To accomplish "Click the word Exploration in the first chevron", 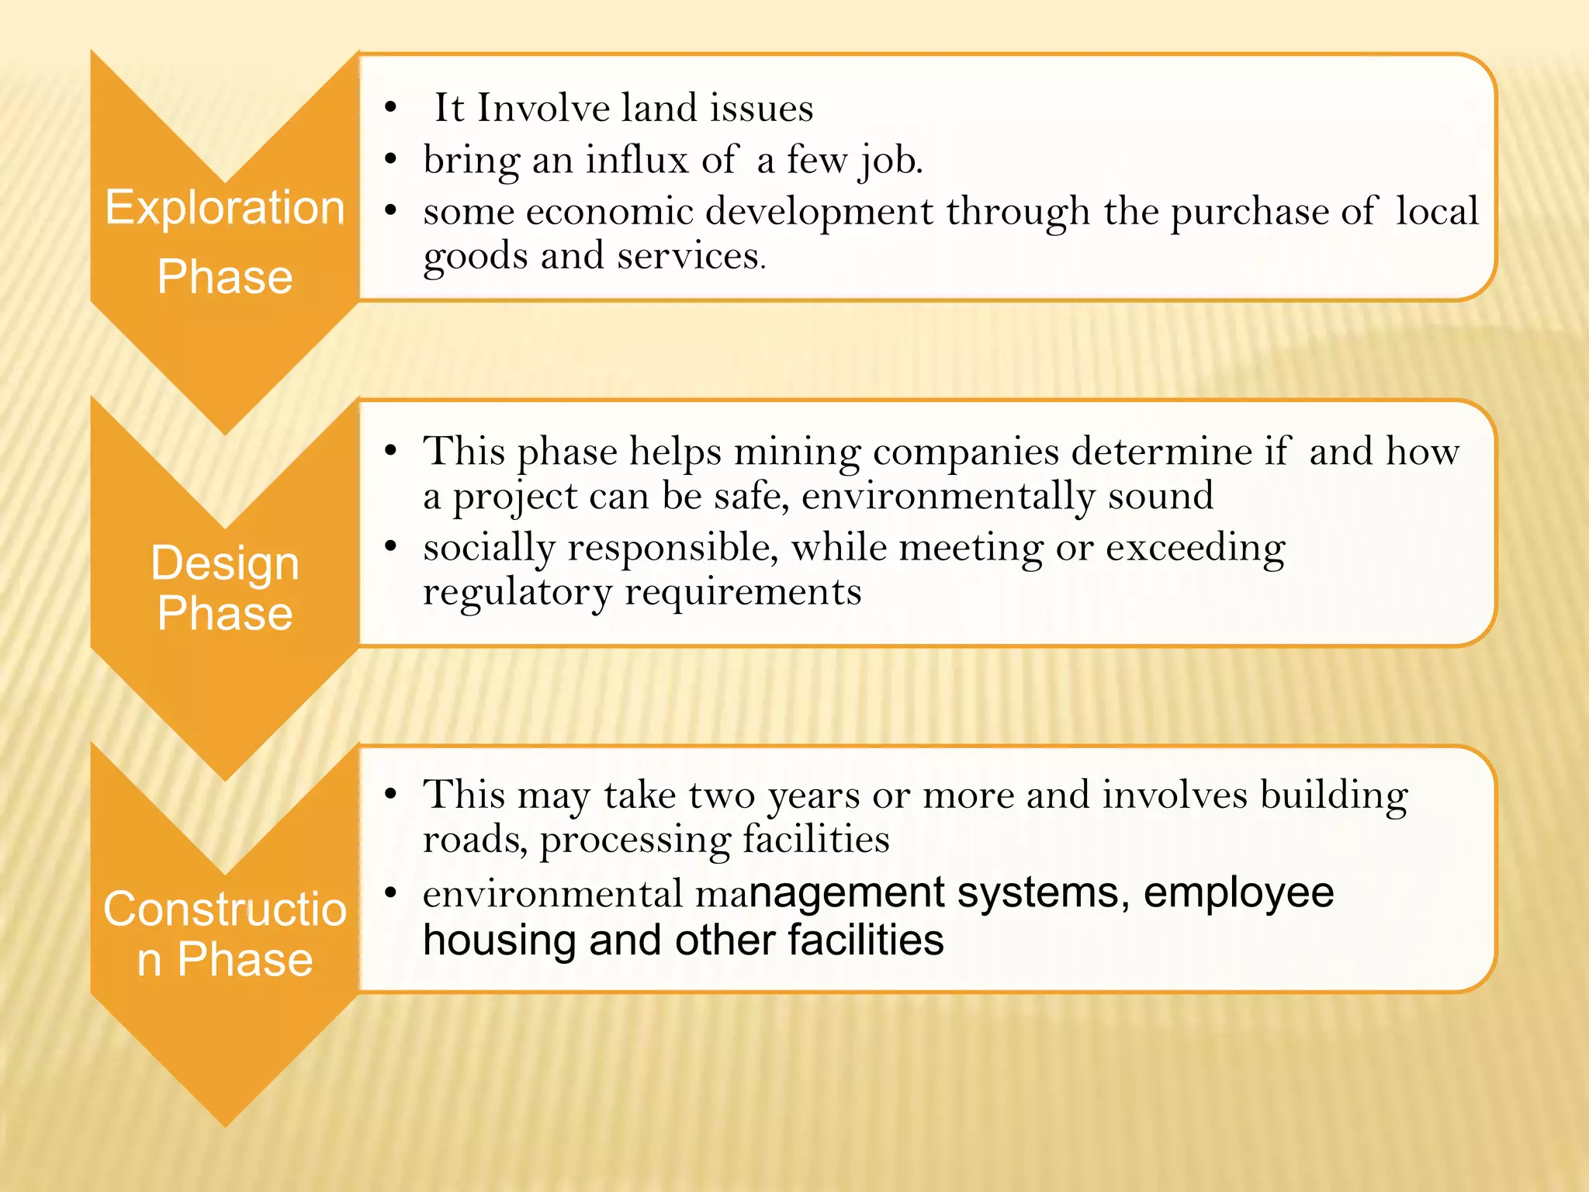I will click(x=225, y=209).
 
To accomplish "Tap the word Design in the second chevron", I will click(x=225, y=563).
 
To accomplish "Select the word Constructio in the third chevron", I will click(x=225, y=909).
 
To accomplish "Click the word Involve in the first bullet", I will click(x=543, y=108).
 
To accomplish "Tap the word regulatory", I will click(x=518, y=593).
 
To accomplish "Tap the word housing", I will click(x=499, y=941).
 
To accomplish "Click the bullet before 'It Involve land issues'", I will click(x=390, y=108).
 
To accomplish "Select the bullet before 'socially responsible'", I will click(x=390, y=547).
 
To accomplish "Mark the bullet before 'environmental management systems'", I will click(x=390, y=893).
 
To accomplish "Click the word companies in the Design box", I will click(x=965, y=452).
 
